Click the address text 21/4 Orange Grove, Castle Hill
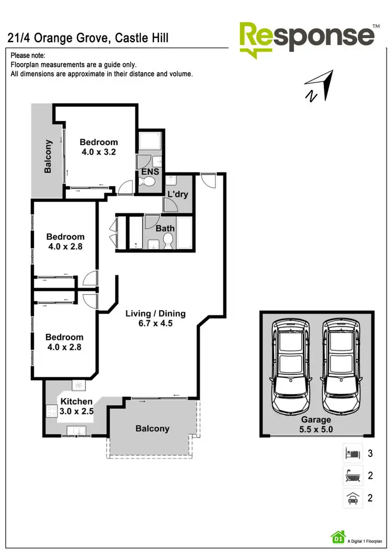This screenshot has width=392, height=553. pos(88,38)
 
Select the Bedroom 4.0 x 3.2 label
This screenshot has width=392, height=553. pos(98,147)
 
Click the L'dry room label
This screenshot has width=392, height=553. pos(177,195)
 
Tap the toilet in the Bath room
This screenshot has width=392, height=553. pos(168,240)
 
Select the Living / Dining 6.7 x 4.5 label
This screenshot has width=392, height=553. pos(155,319)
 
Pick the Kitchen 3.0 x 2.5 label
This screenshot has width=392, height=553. pos(77,406)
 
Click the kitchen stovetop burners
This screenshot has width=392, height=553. pos(52,411)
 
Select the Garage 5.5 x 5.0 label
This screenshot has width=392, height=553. pos(316,425)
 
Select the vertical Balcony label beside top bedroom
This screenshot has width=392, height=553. pos(48,156)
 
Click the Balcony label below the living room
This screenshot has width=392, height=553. pos(152,429)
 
